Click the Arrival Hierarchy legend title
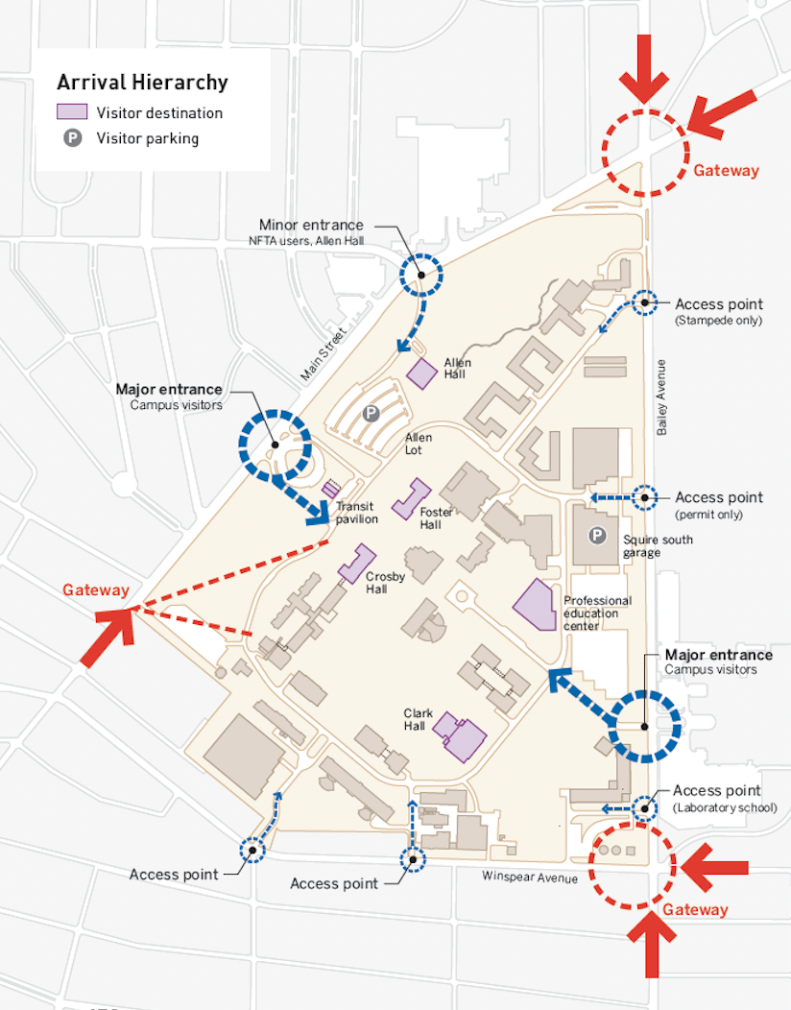pyautogui.click(x=142, y=83)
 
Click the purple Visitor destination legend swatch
pyautogui.click(x=72, y=112)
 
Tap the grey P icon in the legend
pyautogui.click(x=72, y=138)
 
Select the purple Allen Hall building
pyautogui.click(x=422, y=373)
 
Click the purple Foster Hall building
pyautogui.click(x=411, y=498)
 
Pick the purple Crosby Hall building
pyautogui.click(x=357, y=564)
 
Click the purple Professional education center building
pyautogui.click(x=537, y=606)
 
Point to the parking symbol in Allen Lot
pyautogui.click(x=371, y=414)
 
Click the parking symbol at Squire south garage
pyautogui.click(x=597, y=536)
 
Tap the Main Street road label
pyautogui.click(x=324, y=353)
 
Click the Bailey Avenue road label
pyautogui.click(x=661, y=397)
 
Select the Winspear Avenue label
pyautogui.click(x=530, y=878)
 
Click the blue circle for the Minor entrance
pyautogui.click(x=421, y=275)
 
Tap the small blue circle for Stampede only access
pyautogui.click(x=644, y=302)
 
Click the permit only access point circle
pyautogui.click(x=644, y=497)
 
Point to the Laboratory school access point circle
pyautogui.click(x=644, y=807)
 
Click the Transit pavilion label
pyautogui.click(x=356, y=513)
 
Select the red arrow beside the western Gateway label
pyautogui.click(x=108, y=637)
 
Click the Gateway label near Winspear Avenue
pyautogui.click(x=695, y=909)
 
